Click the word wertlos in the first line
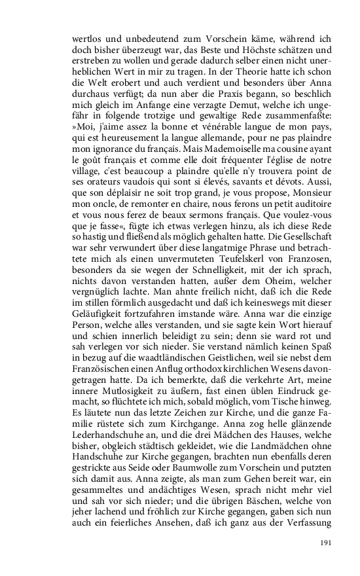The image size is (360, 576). (x=87, y=39)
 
